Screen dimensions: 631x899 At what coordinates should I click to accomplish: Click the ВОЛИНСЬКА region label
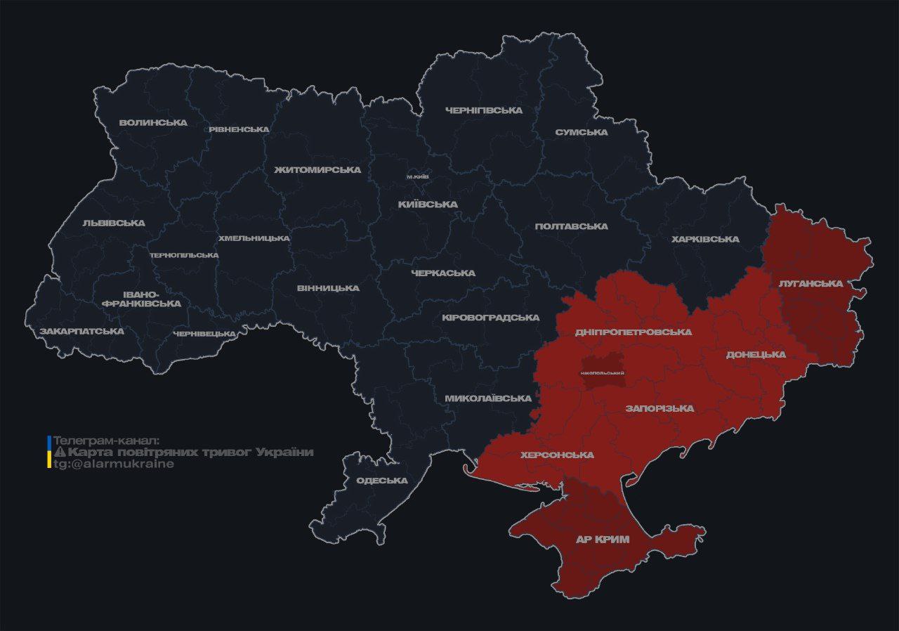(153, 122)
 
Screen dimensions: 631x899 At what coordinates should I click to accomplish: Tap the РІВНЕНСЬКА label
(239, 129)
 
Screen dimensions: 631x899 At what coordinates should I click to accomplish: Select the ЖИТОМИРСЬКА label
(317, 170)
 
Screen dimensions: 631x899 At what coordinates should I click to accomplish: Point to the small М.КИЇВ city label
(418, 176)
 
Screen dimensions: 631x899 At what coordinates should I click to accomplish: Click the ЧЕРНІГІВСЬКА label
(484, 110)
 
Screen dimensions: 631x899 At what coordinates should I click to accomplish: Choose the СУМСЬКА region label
(581, 132)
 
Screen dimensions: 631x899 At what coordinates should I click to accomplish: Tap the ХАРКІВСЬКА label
(705, 239)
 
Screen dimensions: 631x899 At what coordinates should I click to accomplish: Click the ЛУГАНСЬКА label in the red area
(811, 283)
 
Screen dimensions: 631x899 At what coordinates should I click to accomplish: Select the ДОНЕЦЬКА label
(756, 354)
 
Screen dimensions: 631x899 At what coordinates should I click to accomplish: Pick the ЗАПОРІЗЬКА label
(660, 408)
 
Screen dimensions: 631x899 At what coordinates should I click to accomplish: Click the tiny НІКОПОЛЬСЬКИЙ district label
(603, 372)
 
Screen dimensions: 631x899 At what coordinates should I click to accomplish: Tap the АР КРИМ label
(602, 540)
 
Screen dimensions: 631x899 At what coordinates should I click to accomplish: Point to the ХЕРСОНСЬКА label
(557, 455)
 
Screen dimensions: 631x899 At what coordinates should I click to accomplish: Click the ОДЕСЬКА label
(382, 481)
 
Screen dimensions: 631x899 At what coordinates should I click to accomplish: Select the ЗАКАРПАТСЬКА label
(81, 331)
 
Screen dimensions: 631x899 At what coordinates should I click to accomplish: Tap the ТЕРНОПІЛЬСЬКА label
(184, 255)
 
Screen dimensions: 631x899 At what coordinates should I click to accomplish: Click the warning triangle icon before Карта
(60, 452)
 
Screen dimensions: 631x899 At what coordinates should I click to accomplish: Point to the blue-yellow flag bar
(49, 452)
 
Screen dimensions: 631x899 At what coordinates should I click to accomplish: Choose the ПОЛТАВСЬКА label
(571, 226)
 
